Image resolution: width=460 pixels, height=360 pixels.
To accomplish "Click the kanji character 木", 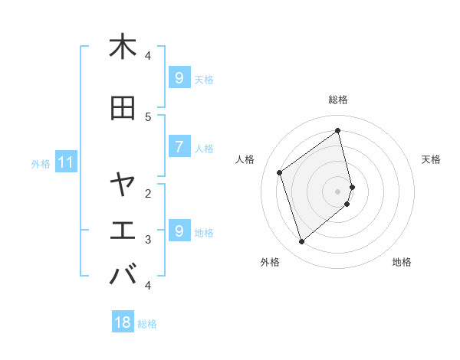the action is click(x=123, y=47).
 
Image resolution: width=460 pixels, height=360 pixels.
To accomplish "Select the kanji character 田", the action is click(x=123, y=108).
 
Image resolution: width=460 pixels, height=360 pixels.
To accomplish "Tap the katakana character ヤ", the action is click(x=123, y=184).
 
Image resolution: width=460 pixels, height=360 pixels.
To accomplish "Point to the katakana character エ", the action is click(x=123, y=230).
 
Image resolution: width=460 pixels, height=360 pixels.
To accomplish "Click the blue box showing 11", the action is click(x=65, y=162).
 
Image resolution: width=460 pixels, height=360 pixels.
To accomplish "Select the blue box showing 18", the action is click(x=123, y=322).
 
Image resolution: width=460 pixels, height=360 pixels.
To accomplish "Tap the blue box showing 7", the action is click(x=179, y=146).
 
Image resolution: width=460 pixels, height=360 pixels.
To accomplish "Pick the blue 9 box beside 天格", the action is click(x=179, y=77).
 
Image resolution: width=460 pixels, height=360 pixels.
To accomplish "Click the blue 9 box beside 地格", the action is click(x=179, y=231).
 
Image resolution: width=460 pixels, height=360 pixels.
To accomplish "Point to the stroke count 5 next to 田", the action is click(x=148, y=116).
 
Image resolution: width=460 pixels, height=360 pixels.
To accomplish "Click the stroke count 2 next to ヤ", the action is click(x=148, y=192).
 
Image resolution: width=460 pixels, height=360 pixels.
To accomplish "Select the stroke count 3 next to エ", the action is click(x=148, y=239).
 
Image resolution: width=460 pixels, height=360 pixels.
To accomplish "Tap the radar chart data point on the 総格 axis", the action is click(x=338, y=130).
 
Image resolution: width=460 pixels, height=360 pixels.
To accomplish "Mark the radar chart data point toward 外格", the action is click(x=301, y=242).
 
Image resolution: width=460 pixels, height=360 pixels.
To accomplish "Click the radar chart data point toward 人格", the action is click(x=280, y=172).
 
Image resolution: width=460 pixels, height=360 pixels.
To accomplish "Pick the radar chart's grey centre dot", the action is click(x=338, y=191).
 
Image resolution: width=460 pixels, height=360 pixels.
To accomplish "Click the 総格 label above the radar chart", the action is click(x=338, y=100).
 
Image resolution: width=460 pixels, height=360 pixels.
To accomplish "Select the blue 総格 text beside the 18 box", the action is click(x=147, y=324).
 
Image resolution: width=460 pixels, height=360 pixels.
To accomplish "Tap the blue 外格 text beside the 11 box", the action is click(x=41, y=163).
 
